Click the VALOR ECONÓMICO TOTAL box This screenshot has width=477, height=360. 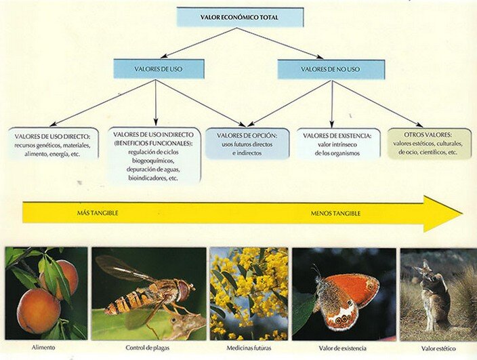pos(240,18)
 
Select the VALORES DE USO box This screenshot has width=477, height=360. pos(159,69)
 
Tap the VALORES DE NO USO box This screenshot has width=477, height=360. pos(331,69)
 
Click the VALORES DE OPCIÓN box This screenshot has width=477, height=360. pos(247,144)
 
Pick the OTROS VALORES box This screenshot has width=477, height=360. pos(430,143)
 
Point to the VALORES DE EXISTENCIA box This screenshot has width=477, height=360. pos(337,143)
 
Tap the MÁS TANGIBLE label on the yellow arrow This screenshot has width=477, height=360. pos(98,213)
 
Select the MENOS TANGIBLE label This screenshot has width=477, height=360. pos(335,214)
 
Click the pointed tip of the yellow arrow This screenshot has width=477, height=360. pos(462,214)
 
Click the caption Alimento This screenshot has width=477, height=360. pos(43,347)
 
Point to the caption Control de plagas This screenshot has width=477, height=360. pos(148,348)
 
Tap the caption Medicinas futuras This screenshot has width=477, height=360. pos(249,348)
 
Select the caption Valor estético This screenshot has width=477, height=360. pos(438,348)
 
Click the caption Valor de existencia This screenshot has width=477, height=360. pos(342,348)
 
